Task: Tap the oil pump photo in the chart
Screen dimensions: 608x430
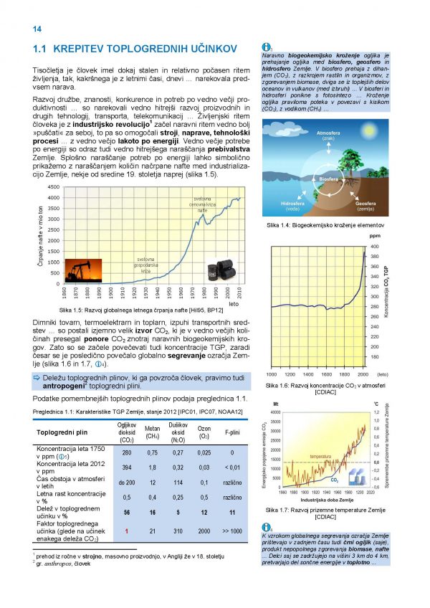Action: coord(85,271)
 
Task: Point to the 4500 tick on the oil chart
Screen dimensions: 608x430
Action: coord(53,188)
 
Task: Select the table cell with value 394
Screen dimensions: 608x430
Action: coord(127,468)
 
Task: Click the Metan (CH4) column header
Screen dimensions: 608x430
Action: coord(152,432)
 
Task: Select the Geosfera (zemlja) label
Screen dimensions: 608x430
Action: coord(369,206)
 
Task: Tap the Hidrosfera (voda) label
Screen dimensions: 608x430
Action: coord(292,206)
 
